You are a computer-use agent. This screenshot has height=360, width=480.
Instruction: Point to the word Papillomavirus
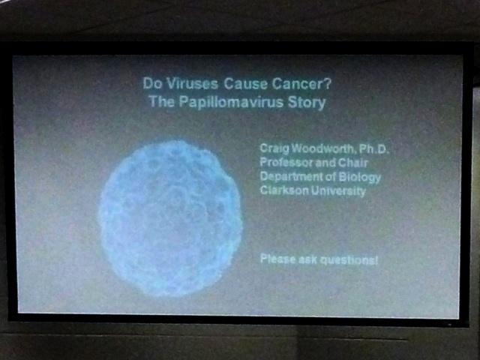click(x=231, y=102)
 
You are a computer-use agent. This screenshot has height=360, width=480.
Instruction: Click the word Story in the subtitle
click(x=307, y=103)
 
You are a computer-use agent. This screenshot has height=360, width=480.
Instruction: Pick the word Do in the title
click(x=152, y=83)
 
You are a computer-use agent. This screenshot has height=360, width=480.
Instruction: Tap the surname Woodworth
click(x=323, y=148)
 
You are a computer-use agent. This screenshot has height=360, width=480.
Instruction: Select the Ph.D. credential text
click(x=373, y=148)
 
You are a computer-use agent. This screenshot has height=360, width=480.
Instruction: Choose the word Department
click(x=288, y=177)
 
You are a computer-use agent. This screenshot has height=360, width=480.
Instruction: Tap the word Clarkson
click(x=284, y=190)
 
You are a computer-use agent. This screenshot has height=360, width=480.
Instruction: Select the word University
click(x=338, y=191)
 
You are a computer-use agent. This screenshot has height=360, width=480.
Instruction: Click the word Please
click(x=278, y=259)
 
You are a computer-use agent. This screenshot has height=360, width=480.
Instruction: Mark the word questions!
click(x=349, y=260)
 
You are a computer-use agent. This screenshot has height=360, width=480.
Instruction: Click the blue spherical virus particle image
click(x=170, y=218)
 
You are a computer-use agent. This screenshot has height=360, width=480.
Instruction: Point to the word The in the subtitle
click(x=162, y=102)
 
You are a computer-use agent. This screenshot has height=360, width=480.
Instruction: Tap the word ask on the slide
click(x=307, y=259)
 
